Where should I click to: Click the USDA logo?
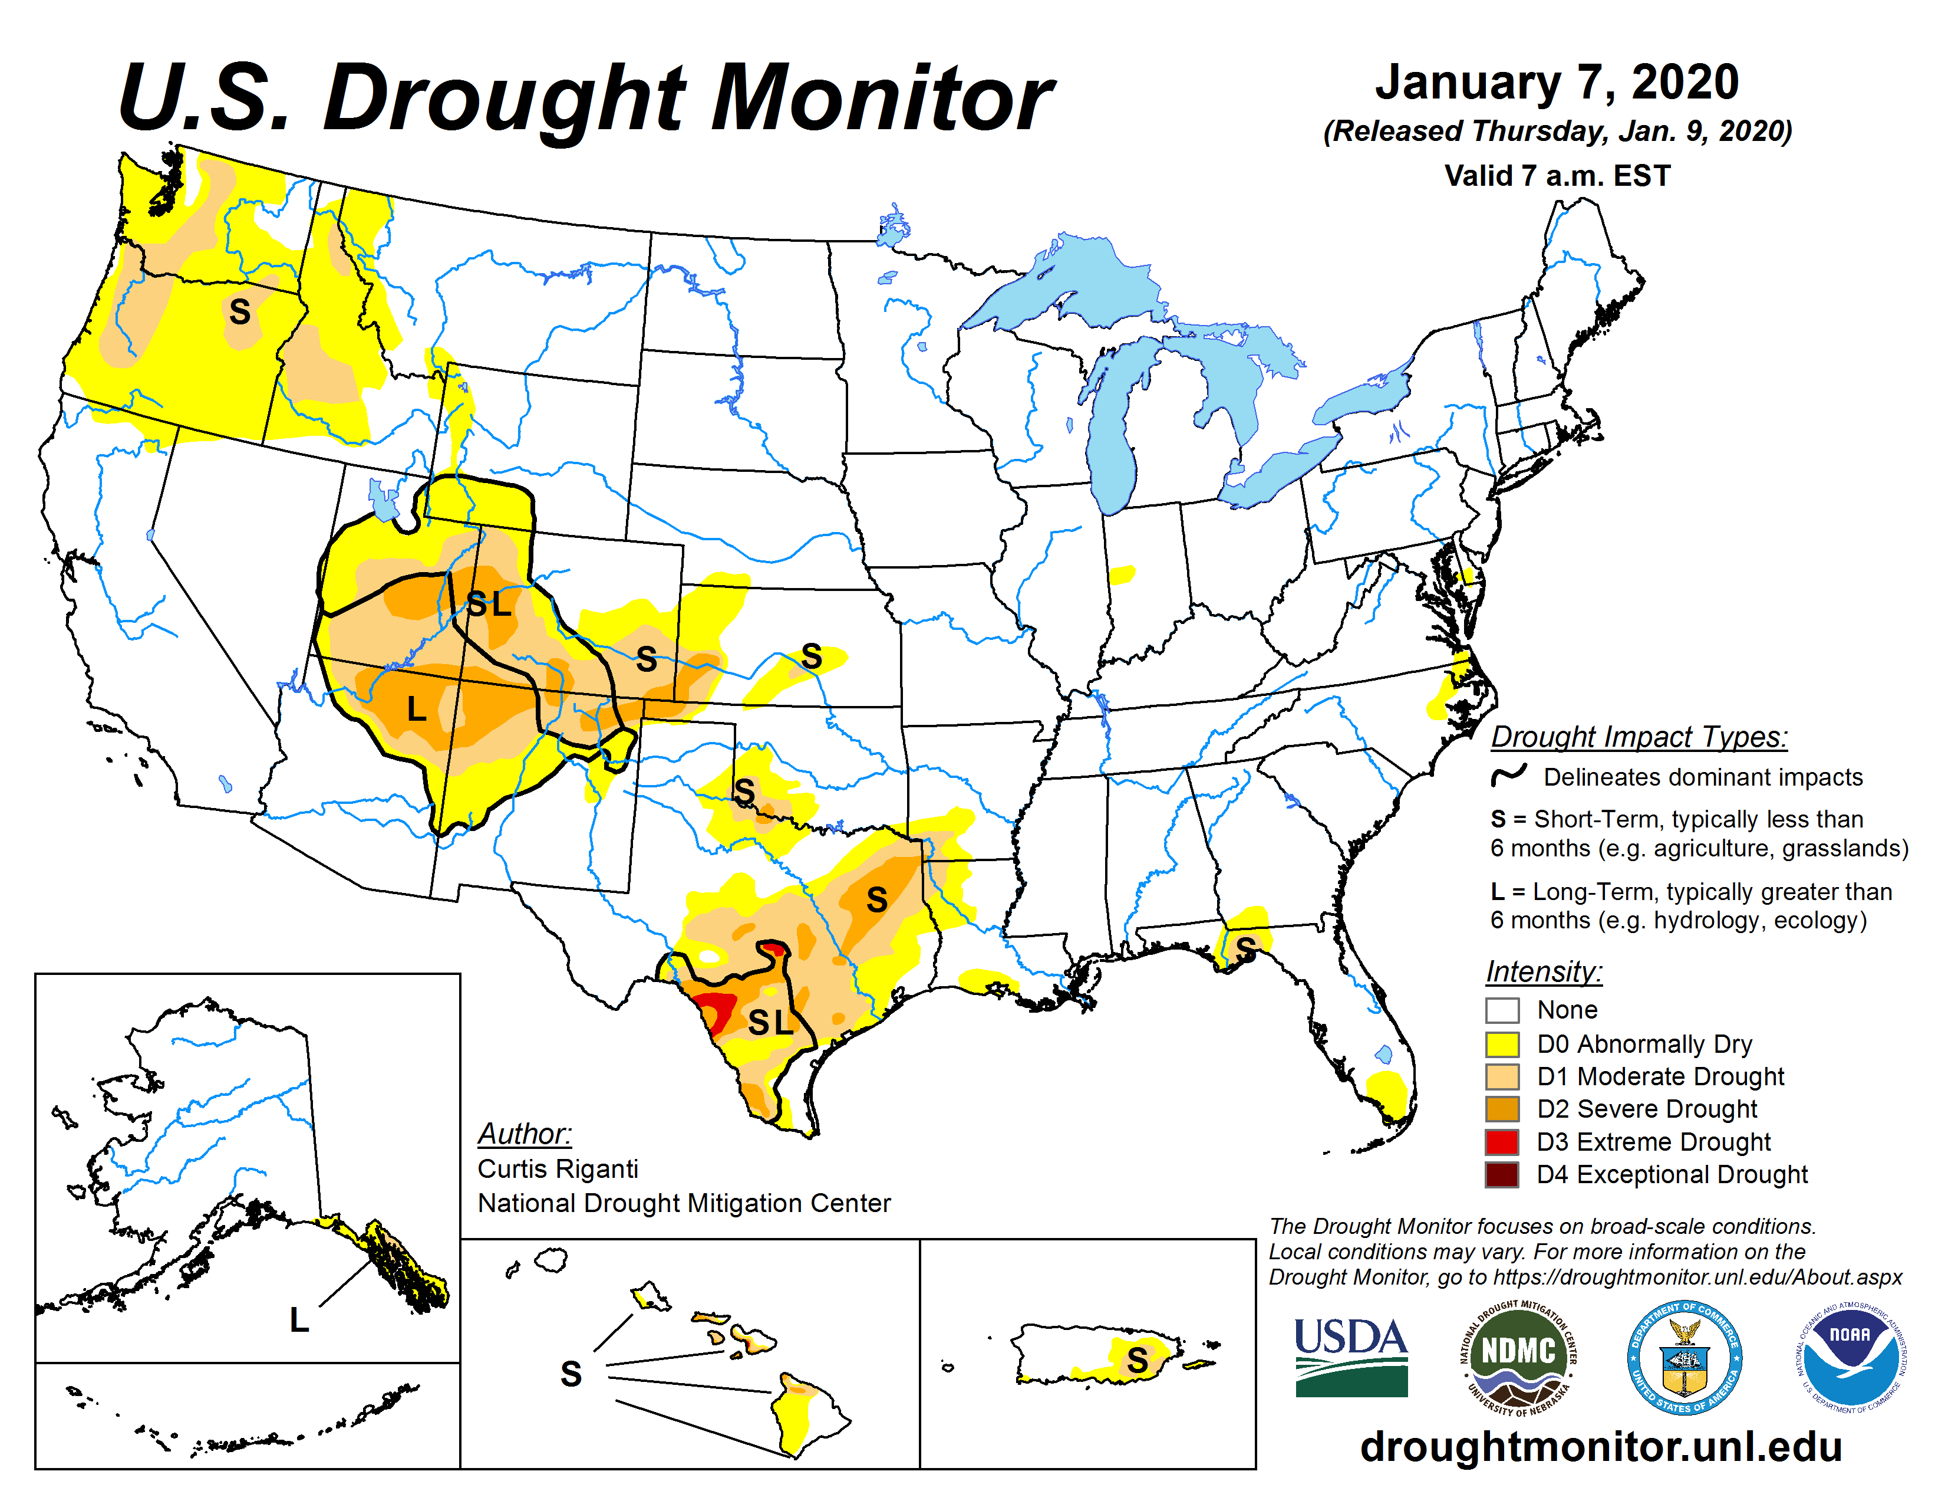[1350, 1356]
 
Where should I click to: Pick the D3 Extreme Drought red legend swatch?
[1502, 1141]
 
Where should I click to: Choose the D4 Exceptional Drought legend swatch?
[1502, 1174]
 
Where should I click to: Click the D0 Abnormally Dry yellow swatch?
[1502, 1043]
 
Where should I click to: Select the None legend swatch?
[1502, 1010]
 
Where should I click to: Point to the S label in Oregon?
[239, 312]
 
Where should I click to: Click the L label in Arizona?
[416, 709]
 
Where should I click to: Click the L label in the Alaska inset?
[299, 1319]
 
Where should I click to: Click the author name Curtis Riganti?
[558, 1169]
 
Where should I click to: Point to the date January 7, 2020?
[1557, 82]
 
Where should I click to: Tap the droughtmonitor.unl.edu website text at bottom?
[1600, 1447]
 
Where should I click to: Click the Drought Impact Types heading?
[1639, 737]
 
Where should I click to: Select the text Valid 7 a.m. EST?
[1557, 176]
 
